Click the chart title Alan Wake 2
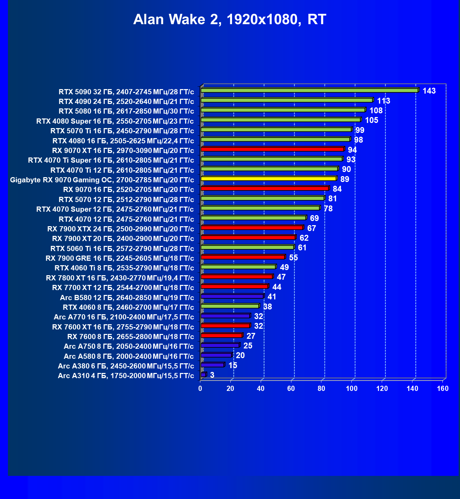coord(230,19)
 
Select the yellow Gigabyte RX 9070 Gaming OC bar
coord(268,179)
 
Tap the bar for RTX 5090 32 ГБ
coord(309,90)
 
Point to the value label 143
coord(429,91)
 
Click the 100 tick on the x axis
coord(352,388)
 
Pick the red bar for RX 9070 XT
coord(272,149)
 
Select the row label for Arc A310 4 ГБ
coord(126,376)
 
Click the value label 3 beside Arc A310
coord(212,375)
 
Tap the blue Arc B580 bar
coord(232,296)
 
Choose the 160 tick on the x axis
coord(443,388)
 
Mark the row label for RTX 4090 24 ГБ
coord(126,102)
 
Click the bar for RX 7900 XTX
coord(252,228)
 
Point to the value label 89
coord(344,179)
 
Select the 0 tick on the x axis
coord(200,388)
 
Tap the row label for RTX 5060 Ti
coord(122,249)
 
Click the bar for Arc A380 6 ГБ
coord(212,365)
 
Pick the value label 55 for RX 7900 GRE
coord(293,258)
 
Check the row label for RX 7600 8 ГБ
coord(131,337)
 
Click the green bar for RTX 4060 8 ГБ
coord(230,306)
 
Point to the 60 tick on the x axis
coord(291,388)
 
